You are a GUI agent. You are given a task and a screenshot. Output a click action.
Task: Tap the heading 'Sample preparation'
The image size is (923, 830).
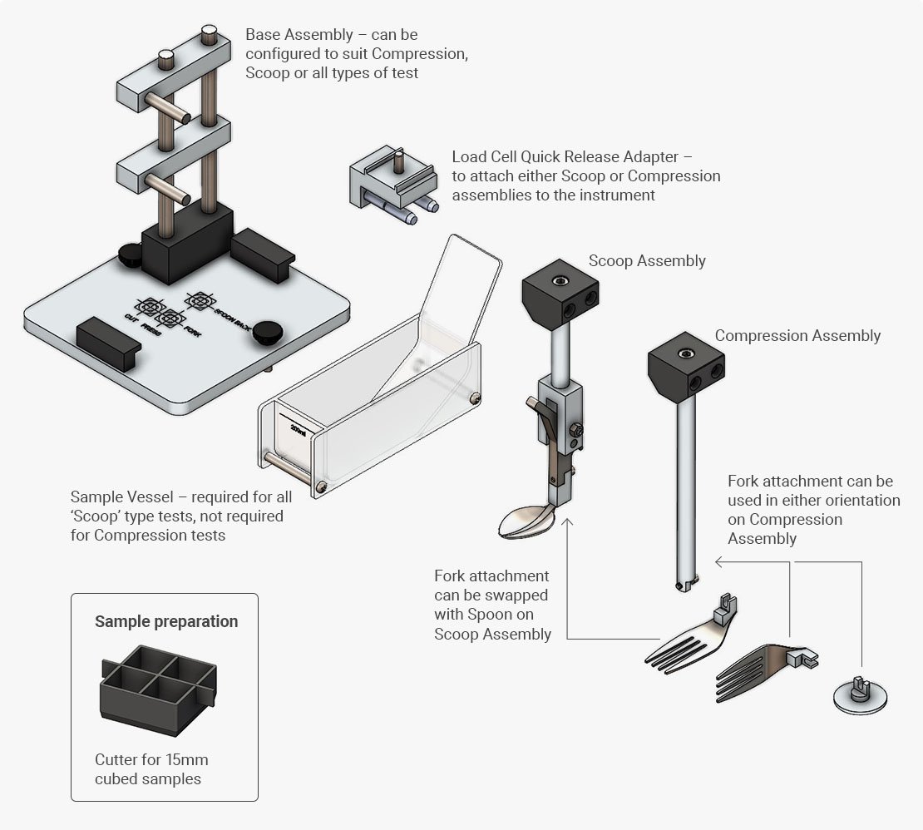tap(166, 621)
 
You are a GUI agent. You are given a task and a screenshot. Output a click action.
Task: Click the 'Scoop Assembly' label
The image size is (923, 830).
tap(647, 260)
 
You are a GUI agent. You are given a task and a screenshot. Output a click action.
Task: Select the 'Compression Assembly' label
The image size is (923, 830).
tap(797, 335)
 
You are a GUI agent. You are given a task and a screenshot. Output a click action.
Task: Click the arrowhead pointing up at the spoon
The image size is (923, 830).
tap(567, 524)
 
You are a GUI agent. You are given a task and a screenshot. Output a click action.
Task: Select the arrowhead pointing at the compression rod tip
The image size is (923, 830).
tap(717, 562)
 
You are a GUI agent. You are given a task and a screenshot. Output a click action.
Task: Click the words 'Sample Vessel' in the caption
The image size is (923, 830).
tap(122, 497)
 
